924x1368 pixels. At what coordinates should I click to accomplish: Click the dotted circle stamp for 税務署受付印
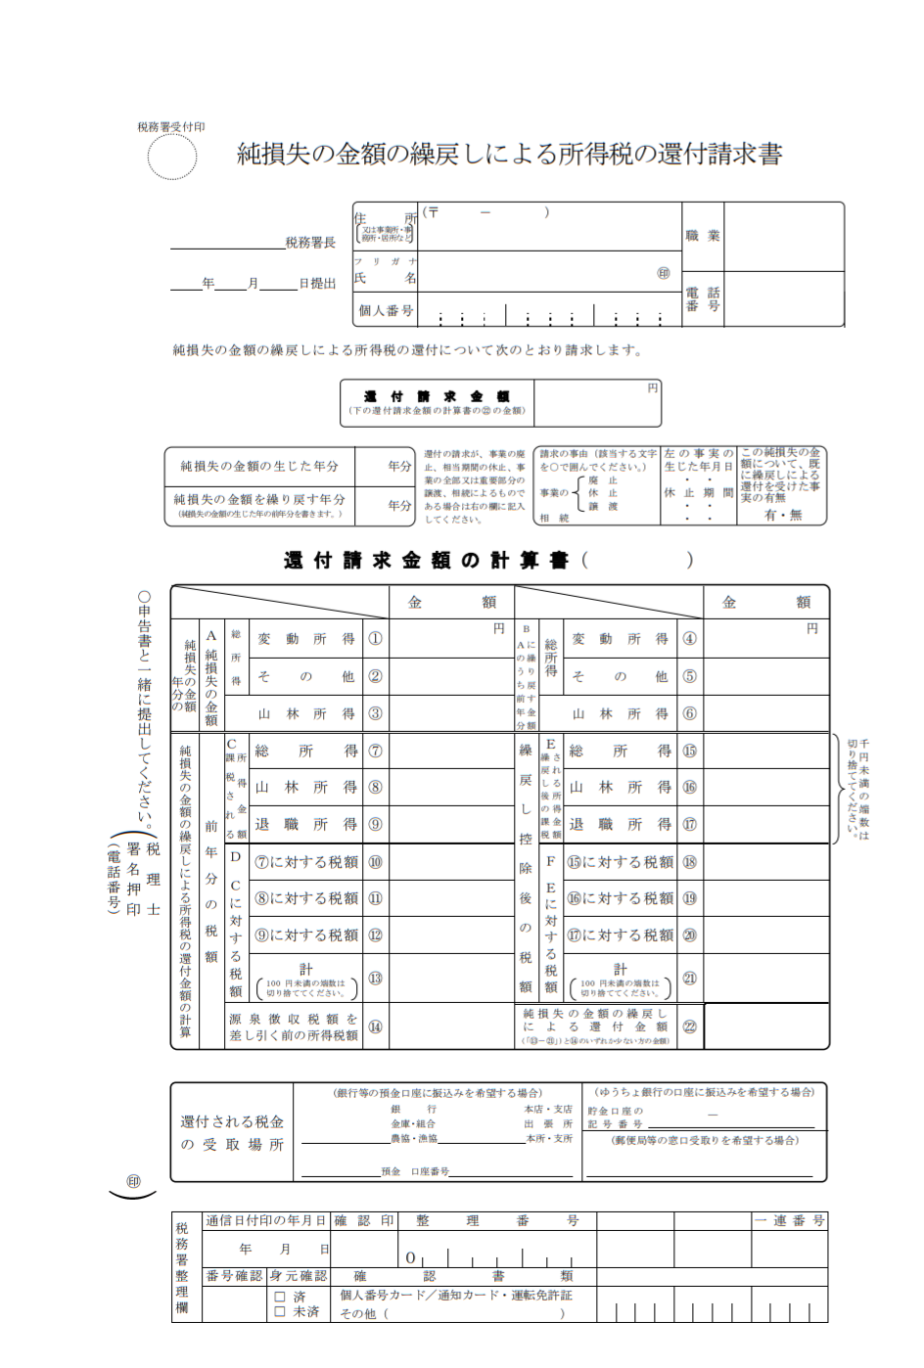click(x=172, y=157)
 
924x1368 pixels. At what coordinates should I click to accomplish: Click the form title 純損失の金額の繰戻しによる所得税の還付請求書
click(x=509, y=154)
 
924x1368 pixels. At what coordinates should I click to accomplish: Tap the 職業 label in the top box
click(x=702, y=236)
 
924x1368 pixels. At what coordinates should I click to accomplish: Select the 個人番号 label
click(x=385, y=310)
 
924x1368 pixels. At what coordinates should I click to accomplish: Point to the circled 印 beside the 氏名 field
click(x=664, y=274)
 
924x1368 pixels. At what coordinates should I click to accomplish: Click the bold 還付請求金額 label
click(x=436, y=396)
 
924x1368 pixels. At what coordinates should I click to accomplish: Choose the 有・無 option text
click(x=782, y=515)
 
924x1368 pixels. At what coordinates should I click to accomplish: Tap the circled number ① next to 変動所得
click(x=375, y=639)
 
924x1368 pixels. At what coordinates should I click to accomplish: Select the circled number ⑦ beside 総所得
click(x=375, y=751)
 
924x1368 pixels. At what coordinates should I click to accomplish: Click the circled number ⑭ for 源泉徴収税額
click(x=375, y=1026)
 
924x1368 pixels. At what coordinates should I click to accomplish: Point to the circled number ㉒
click(x=689, y=1026)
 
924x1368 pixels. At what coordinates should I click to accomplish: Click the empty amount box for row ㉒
click(x=766, y=1026)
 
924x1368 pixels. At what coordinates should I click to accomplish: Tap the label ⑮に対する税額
click(x=621, y=862)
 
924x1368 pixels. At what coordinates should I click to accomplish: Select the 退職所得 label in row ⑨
click(x=306, y=825)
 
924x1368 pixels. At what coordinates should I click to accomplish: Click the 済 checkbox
click(x=281, y=1297)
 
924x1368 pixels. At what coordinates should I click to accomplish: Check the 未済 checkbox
click(x=281, y=1311)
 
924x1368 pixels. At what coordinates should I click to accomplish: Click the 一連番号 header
click(x=790, y=1220)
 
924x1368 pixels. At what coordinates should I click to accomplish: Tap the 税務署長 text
click(x=310, y=243)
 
